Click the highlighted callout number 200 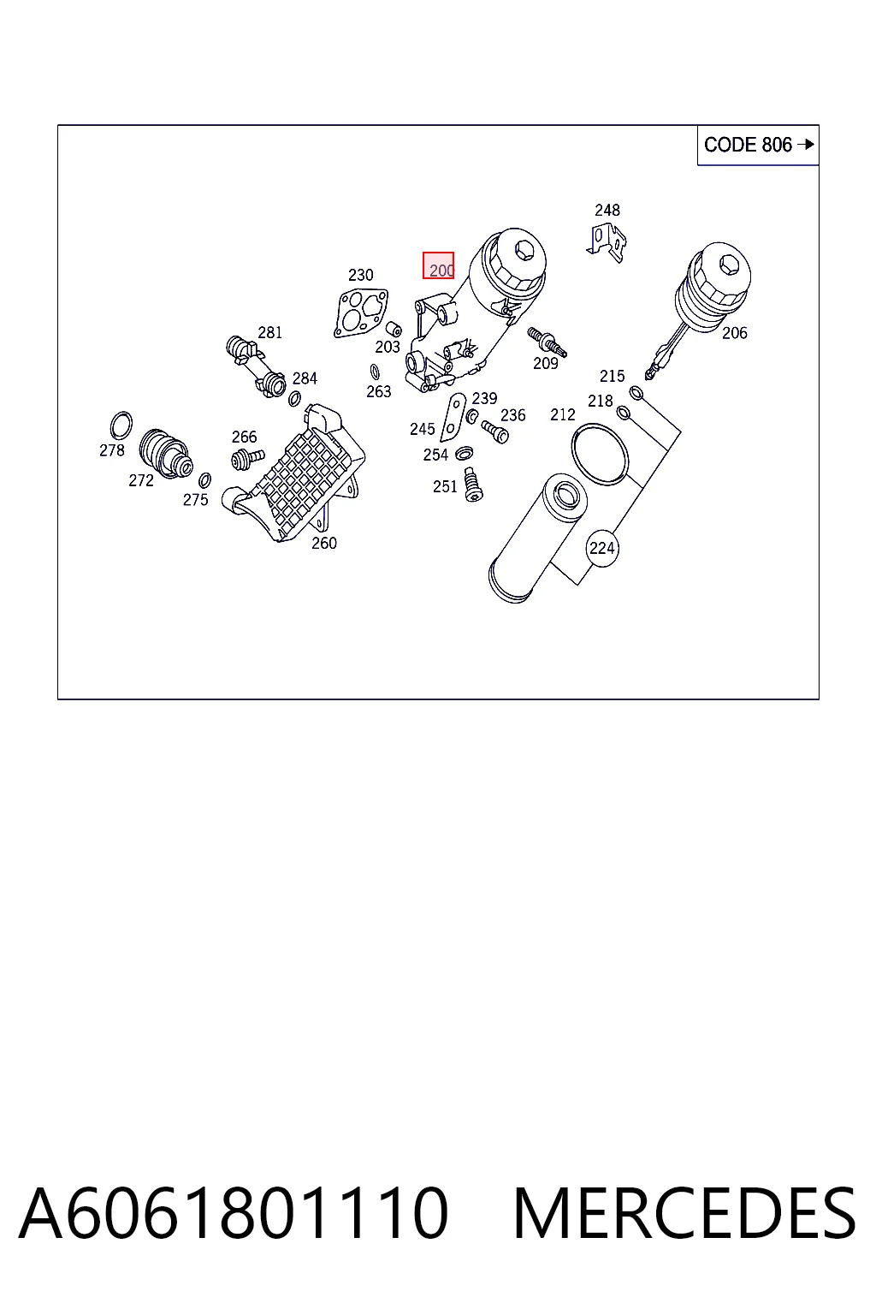click(438, 266)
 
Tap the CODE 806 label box click(758, 145)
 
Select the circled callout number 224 click(602, 548)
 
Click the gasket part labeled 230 click(360, 312)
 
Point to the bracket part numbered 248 click(607, 242)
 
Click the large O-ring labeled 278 click(121, 425)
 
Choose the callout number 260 click(324, 543)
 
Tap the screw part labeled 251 click(473, 485)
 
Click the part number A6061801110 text click(234, 1213)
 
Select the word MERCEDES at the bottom click(684, 1213)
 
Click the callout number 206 click(735, 333)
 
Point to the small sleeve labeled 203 click(394, 328)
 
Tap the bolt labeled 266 click(247, 459)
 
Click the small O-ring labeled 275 click(204, 481)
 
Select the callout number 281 click(269, 332)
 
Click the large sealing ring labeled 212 click(600, 455)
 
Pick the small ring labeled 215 click(636, 393)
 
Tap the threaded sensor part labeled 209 click(547, 342)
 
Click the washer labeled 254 click(465, 453)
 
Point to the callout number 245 click(423, 429)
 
